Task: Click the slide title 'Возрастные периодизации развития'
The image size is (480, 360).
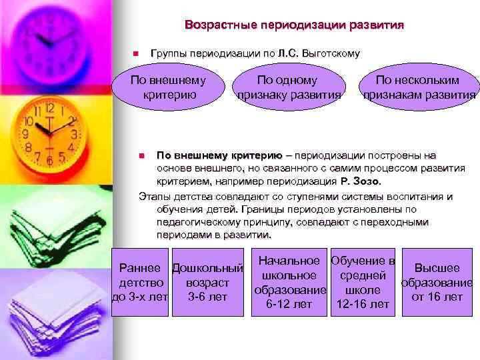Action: click(294, 26)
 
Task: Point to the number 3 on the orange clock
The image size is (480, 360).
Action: click(75, 133)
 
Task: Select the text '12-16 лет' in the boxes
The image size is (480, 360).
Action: click(363, 305)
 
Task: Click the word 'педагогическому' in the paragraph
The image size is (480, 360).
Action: click(194, 223)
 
